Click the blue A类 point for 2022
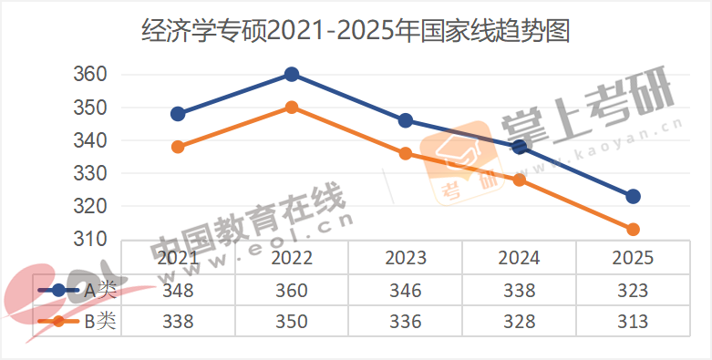[292, 74]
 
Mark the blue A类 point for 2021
[178, 114]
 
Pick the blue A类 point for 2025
[633, 196]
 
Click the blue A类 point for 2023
[406, 120]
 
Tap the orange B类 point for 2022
[292, 107]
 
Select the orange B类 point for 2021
[178, 147]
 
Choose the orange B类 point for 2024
[520, 180]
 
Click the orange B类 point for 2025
[633, 229]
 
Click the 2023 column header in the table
[406, 258]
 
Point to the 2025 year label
[633, 258]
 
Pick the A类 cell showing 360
[292, 291]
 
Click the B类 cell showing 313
[633, 322]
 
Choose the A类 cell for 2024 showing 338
[520, 291]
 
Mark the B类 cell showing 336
[406, 322]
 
